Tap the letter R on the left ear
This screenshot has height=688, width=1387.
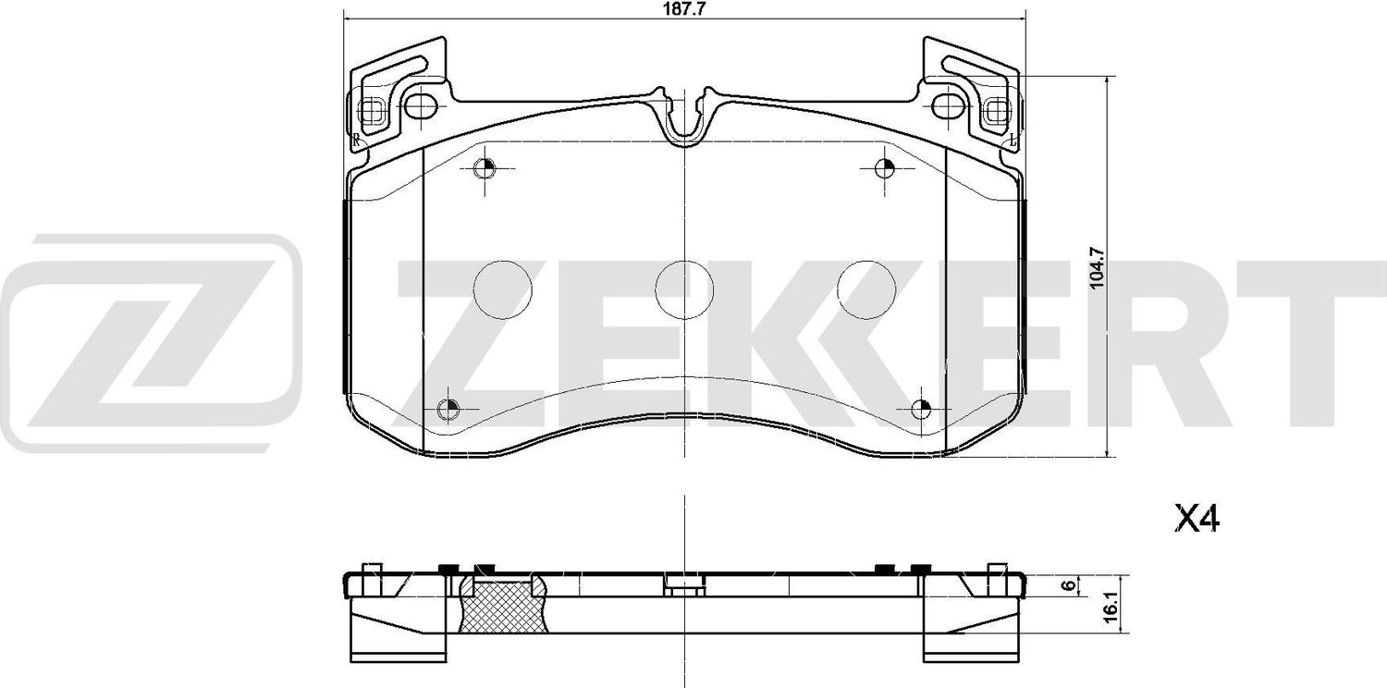(x=356, y=139)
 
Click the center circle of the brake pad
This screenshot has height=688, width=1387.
(x=684, y=289)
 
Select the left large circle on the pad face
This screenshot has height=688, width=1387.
(x=503, y=289)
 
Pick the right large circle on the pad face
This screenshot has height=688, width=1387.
(x=866, y=289)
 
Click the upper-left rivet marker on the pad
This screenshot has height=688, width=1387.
(x=485, y=168)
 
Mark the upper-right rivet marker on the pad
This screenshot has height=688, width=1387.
(x=884, y=168)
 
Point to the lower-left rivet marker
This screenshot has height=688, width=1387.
(x=448, y=409)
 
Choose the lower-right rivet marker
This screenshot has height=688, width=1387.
(x=922, y=409)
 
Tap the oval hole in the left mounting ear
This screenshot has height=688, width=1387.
(x=422, y=107)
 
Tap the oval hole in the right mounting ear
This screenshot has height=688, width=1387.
(x=947, y=107)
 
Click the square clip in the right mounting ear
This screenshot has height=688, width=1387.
(x=997, y=111)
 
